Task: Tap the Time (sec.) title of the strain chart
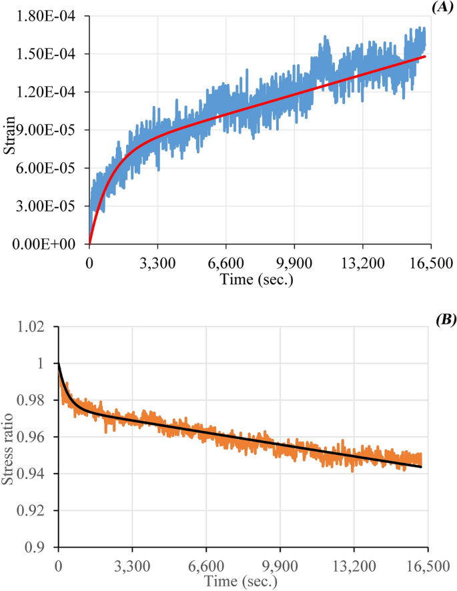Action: [x=258, y=279]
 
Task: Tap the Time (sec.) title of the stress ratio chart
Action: [x=242, y=582]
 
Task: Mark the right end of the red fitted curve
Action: [x=425, y=57]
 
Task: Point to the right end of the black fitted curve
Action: [x=422, y=467]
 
